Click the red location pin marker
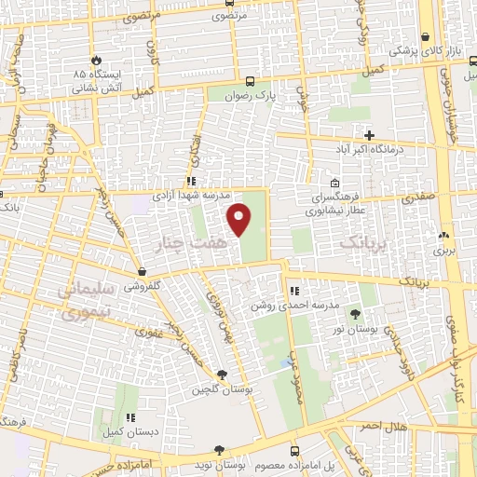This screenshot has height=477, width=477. (x=240, y=219)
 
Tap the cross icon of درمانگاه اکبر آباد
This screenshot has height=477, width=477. (x=370, y=135)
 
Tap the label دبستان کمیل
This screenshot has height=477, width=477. (x=128, y=432)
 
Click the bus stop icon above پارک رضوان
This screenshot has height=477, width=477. (x=249, y=80)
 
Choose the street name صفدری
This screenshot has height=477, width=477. (x=416, y=198)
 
